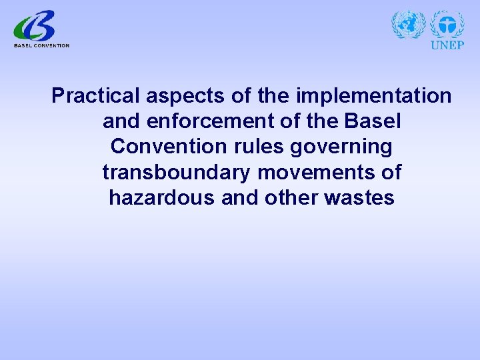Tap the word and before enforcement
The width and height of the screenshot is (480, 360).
[x=122, y=121]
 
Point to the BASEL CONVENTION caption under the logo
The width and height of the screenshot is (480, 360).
[x=41, y=45]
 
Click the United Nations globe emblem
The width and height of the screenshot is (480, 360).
[x=408, y=25]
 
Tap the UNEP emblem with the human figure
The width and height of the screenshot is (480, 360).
[x=447, y=25]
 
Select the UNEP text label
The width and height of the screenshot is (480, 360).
[x=447, y=45]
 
